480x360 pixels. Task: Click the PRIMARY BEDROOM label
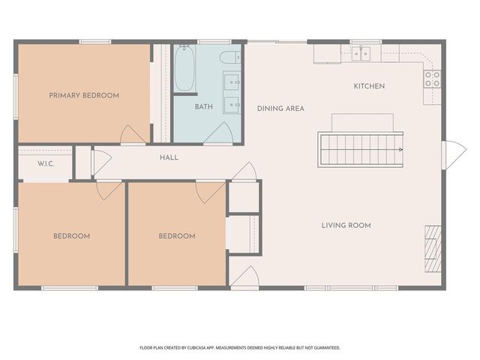pyautogui.click(x=84, y=95)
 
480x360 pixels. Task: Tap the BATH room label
pyautogui.click(x=204, y=107)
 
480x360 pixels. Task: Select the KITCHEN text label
pyautogui.click(x=369, y=86)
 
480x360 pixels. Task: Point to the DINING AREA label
pyautogui.click(x=280, y=109)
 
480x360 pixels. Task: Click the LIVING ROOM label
pyautogui.click(x=346, y=225)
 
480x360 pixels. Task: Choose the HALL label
pyautogui.click(x=169, y=157)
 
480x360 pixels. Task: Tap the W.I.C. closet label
pyautogui.click(x=45, y=163)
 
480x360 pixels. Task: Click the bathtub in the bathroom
pyautogui.click(x=185, y=68)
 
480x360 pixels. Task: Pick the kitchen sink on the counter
pyautogui.click(x=361, y=53)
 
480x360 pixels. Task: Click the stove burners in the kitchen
pyautogui.click(x=432, y=78)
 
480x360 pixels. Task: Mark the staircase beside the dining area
pyautogui.click(x=362, y=148)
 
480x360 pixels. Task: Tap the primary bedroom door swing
pyautogui.click(x=134, y=136)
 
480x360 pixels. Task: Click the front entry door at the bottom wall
pyautogui.click(x=244, y=278)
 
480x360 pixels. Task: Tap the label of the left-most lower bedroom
pyautogui.click(x=71, y=236)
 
